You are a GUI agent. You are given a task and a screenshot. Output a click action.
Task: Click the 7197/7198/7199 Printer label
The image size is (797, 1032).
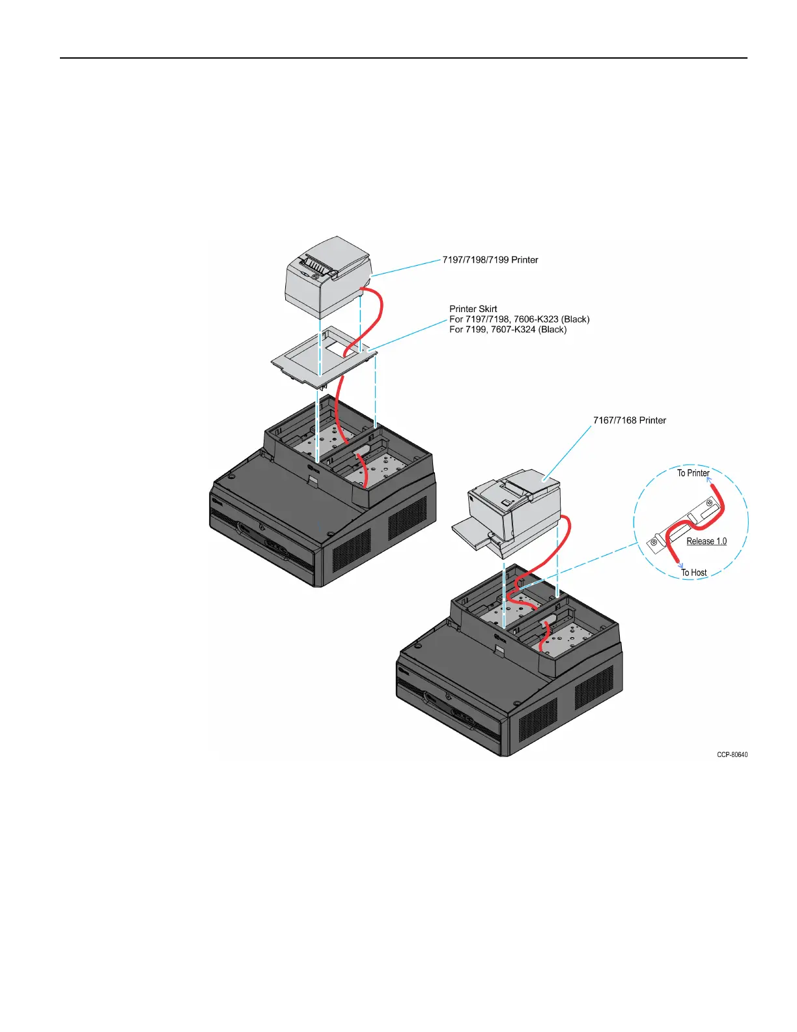pos(490,260)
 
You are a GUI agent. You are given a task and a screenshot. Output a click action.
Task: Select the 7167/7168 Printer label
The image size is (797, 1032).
pos(629,420)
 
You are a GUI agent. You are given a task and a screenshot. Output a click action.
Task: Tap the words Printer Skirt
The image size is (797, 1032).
pos(473,309)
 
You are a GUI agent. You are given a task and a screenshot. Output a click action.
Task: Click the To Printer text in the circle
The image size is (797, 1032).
pos(693,473)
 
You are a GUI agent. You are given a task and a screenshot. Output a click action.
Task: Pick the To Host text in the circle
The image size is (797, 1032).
pos(694,573)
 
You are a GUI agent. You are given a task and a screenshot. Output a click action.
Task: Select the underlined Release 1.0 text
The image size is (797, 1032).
pos(706,541)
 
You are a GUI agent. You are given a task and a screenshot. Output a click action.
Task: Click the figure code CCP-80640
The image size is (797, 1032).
pos(732,755)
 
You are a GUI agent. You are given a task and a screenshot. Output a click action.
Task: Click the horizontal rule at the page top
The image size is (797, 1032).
pos(404,58)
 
